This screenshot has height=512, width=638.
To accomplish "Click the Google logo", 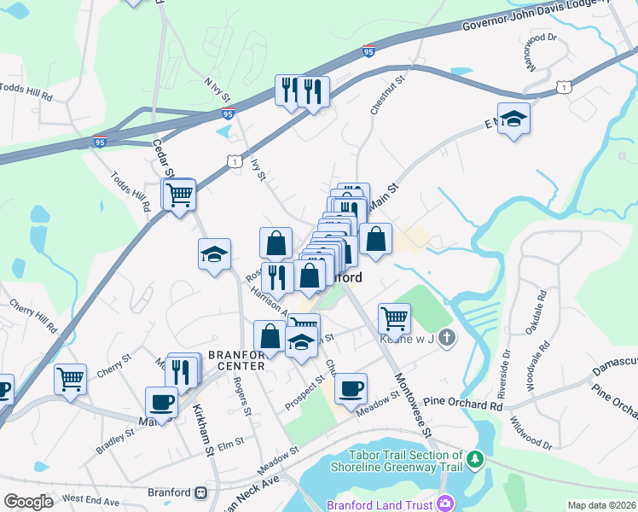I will click(28, 502).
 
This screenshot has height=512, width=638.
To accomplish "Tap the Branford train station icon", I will click(200, 492).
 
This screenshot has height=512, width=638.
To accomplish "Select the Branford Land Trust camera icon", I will click(444, 503).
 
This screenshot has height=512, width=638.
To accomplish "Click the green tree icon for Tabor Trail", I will click(475, 461).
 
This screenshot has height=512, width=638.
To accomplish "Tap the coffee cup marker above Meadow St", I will click(351, 390).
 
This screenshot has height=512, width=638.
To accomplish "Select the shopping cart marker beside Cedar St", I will click(179, 195).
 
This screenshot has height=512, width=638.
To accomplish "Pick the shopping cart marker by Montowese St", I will click(394, 318).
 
